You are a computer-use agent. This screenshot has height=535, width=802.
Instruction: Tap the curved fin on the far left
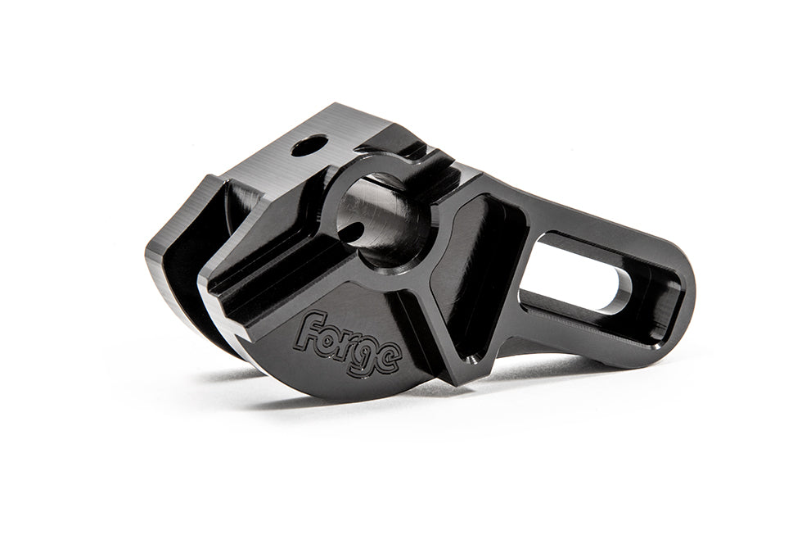coord(176,262)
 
